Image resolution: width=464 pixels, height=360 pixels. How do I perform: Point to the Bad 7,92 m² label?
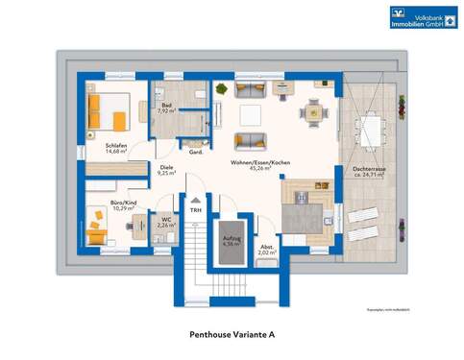tap(164, 108)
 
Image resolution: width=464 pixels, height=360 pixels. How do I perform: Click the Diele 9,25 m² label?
tap(166, 172)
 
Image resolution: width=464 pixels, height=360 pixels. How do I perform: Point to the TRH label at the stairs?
tap(195, 210)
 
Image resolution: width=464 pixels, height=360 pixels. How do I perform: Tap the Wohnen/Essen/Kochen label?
tap(255, 165)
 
